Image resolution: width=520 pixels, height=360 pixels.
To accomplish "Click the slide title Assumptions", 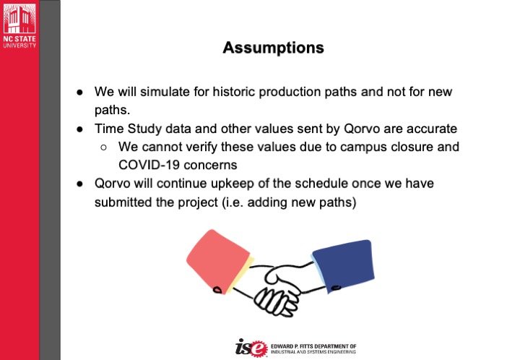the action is point(273,48).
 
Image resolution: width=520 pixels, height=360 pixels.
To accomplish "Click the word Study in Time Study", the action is point(144,129).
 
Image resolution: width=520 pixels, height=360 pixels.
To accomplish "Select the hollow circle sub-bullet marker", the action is point(103,147).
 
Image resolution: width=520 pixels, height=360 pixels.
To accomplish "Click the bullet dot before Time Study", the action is point(79,129).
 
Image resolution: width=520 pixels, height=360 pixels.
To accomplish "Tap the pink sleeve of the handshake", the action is point(218,261).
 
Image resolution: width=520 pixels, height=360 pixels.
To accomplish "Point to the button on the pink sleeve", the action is point(217,290).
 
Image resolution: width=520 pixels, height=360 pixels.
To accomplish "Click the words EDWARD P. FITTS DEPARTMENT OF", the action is point(313,346).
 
